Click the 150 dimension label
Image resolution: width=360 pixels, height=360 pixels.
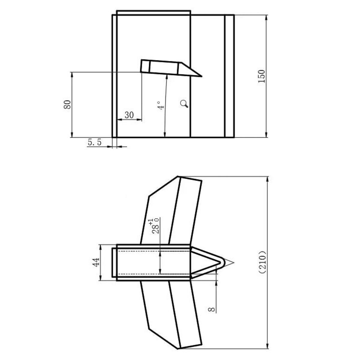[x=262, y=76]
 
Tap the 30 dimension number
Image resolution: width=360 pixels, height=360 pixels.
[x=129, y=115]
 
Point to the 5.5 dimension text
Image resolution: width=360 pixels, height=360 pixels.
[x=94, y=142]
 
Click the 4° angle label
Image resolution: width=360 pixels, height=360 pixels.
[x=161, y=105]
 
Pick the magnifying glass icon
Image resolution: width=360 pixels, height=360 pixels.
[x=184, y=104]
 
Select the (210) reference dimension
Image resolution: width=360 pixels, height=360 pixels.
[x=263, y=262]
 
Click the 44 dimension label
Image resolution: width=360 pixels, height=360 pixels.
[x=96, y=262]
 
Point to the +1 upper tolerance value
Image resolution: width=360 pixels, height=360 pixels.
[x=151, y=221]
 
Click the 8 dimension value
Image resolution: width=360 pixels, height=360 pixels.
[x=212, y=309]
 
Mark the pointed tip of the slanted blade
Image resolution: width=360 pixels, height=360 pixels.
[x=201, y=76]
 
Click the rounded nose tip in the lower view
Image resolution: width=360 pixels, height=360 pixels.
[x=223, y=263]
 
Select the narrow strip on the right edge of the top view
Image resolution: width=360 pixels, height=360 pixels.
[x=229, y=76]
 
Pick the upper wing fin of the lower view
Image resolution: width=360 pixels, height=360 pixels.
[x=171, y=210]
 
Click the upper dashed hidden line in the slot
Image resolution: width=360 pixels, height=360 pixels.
[x=153, y=251]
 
